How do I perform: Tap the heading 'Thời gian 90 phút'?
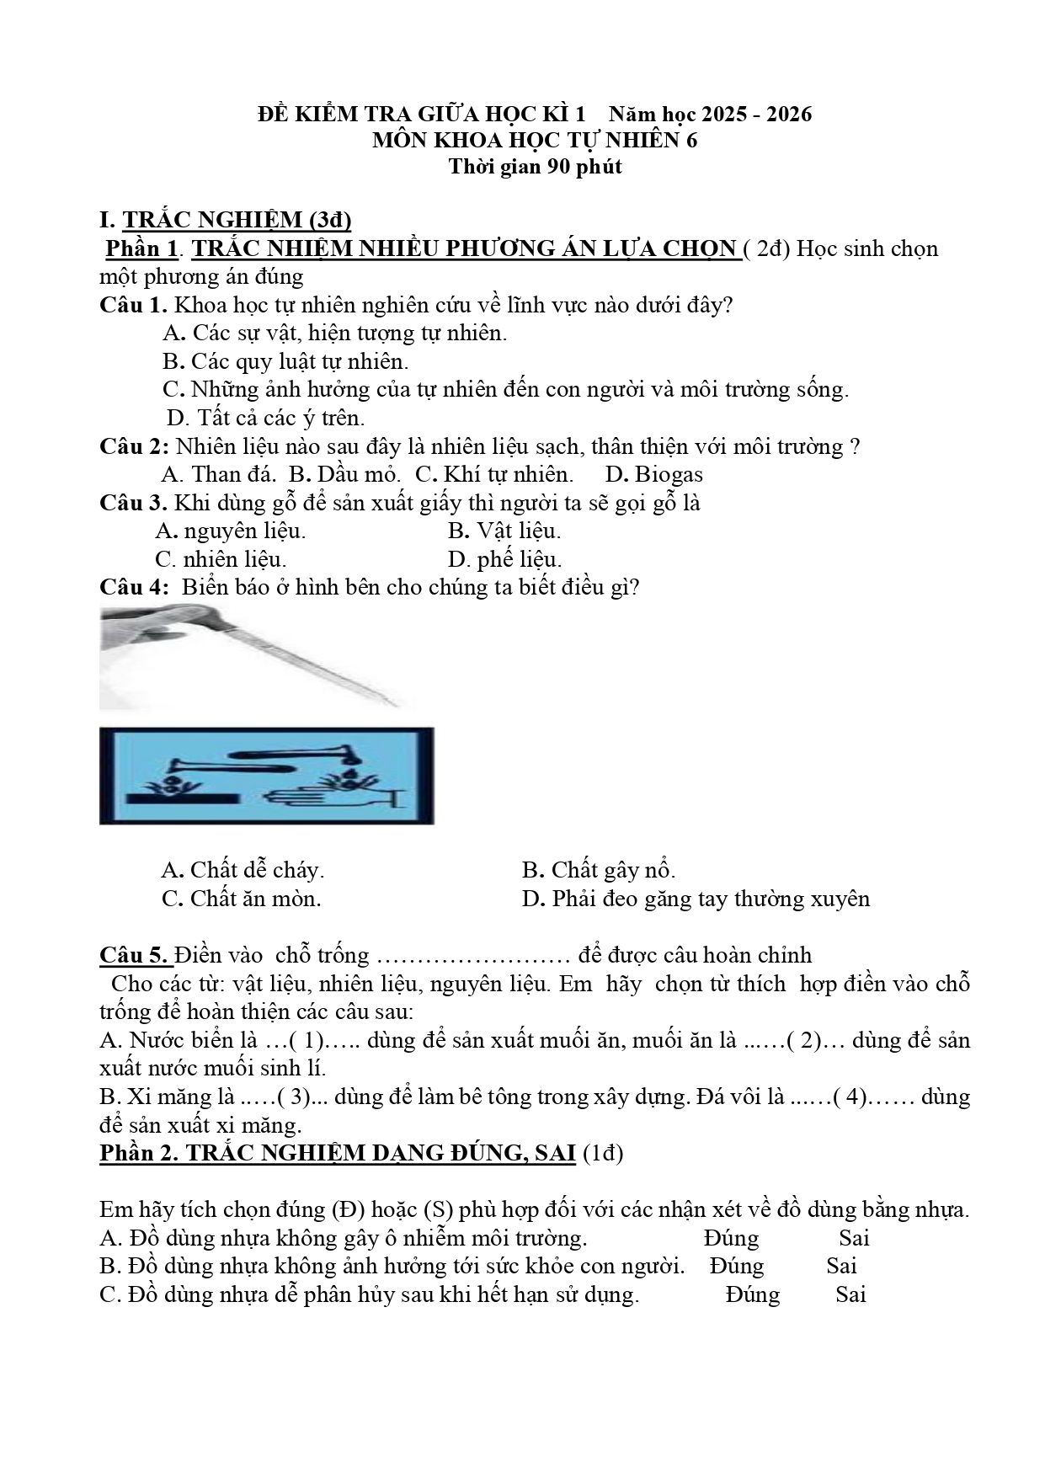(535, 167)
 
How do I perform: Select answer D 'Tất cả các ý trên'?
(266, 418)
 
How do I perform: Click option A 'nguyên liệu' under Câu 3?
(231, 531)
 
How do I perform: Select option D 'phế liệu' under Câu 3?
(504, 559)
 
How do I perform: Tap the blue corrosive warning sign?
(267, 776)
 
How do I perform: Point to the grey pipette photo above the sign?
(253, 658)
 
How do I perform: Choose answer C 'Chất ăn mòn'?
(242, 899)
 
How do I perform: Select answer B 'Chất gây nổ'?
(599, 870)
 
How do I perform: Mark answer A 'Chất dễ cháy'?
(243, 870)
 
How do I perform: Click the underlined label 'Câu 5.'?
(135, 955)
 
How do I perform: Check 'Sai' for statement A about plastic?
(854, 1238)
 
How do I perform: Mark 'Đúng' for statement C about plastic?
(753, 1294)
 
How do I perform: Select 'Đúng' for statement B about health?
(737, 1266)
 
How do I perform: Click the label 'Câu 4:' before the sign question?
(135, 587)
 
